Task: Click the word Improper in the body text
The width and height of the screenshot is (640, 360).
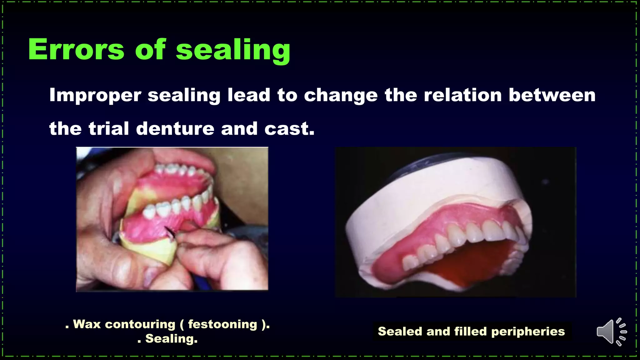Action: click(x=95, y=95)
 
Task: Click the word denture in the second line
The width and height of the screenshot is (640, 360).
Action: click(x=175, y=128)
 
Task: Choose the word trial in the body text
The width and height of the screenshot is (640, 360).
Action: click(x=109, y=128)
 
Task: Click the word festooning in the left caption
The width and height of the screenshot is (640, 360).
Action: click(x=222, y=324)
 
